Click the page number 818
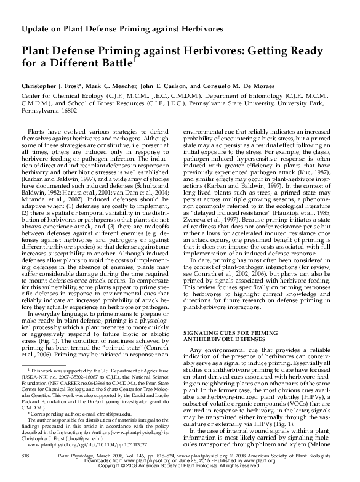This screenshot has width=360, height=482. [25, 471]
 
